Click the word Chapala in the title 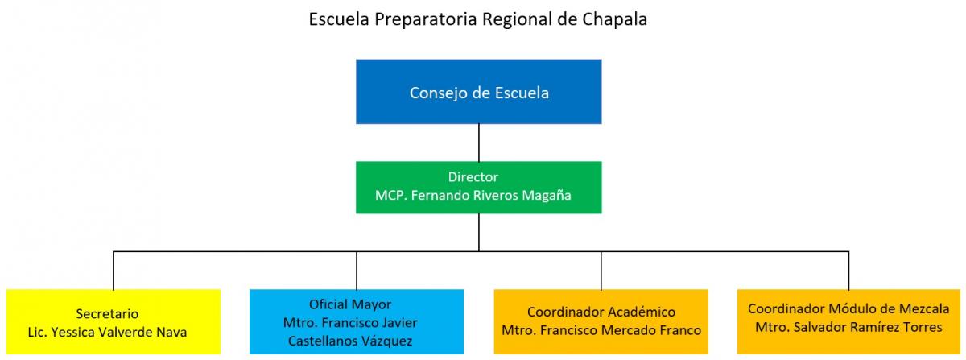point(614,19)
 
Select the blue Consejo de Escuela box point(479,92)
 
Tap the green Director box point(479,188)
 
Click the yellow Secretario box point(114,321)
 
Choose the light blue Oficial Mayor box point(357,321)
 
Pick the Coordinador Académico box point(601,321)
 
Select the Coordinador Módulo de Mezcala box point(848,321)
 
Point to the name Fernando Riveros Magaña point(491,196)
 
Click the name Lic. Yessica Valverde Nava point(107,333)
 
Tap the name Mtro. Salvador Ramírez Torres point(848,327)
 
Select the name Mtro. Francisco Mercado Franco point(601,331)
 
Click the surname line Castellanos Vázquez point(350,341)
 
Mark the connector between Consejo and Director point(479,143)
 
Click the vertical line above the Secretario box point(114,271)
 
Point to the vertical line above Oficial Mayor point(357,271)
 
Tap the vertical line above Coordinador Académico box point(601,271)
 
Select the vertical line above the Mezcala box point(848,271)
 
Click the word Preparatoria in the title point(426,19)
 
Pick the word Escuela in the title point(339,19)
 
